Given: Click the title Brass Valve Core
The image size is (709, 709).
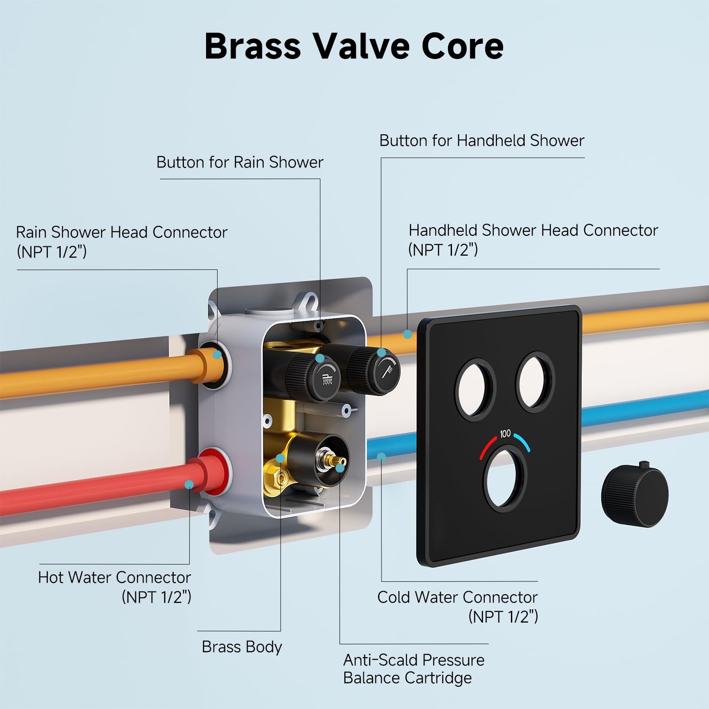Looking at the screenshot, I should [x=354, y=46].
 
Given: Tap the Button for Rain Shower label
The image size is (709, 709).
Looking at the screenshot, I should [x=240, y=163].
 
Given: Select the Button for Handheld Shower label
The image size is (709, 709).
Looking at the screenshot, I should [x=482, y=141].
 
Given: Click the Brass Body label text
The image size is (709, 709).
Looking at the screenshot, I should [x=242, y=647].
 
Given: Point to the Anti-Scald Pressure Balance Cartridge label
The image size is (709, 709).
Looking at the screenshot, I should [x=413, y=669].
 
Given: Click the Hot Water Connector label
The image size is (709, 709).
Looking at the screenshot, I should [x=114, y=587].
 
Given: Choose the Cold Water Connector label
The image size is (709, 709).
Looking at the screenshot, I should [x=458, y=606].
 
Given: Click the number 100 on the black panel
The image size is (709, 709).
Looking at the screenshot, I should [x=505, y=433].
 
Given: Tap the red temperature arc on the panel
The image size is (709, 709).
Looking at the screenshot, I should [x=488, y=447].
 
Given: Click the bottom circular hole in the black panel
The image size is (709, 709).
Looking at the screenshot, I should [x=505, y=480].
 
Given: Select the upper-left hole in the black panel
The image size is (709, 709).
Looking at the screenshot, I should [x=475, y=389].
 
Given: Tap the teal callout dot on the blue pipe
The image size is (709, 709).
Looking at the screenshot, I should [x=382, y=456].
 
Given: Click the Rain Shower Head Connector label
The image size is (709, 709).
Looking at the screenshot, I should [x=121, y=242].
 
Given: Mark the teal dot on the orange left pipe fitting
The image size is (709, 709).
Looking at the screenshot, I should [x=217, y=354].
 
